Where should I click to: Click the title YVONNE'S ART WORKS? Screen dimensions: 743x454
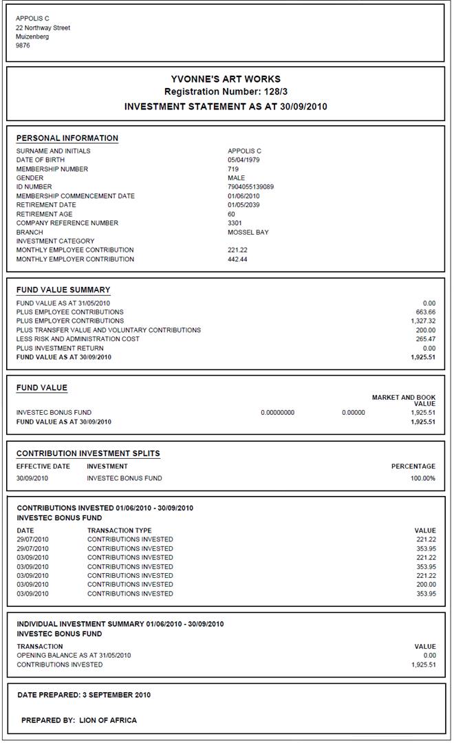coord(226,79)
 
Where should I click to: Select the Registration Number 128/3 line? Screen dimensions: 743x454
coord(226,91)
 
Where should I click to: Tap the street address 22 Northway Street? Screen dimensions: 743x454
coord(43,28)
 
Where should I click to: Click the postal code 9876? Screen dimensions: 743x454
coord(23,46)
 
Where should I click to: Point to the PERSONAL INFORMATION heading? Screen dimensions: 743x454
coord(67,138)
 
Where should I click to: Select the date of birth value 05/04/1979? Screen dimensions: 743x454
coord(244,160)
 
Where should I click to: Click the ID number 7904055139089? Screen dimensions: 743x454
coord(250,187)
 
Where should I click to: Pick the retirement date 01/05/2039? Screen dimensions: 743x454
coord(244,205)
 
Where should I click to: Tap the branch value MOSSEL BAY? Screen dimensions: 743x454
coord(248,233)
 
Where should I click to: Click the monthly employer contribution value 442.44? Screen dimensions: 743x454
coord(237,259)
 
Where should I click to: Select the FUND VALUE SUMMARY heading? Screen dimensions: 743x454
coord(63,290)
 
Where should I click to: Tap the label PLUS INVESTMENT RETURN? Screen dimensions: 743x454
coord(58,348)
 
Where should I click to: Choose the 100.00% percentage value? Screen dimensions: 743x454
coord(422,478)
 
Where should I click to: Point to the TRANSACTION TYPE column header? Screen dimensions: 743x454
coord(120,530)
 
